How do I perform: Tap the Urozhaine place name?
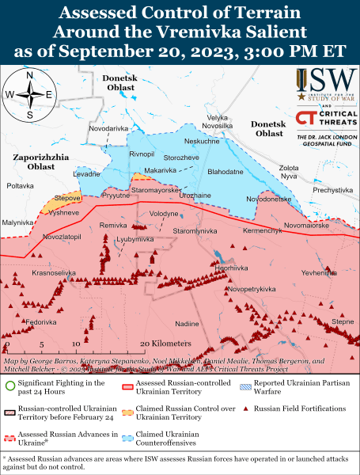click(195, 195)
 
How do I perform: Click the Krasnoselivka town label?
click(53, 272)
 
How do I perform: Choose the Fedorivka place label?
click(41, 323)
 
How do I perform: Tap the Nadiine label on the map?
click(187, 324)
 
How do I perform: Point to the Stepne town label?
click(342, 321)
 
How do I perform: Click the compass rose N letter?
click(29, 76)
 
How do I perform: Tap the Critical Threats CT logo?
click(305, 118)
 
